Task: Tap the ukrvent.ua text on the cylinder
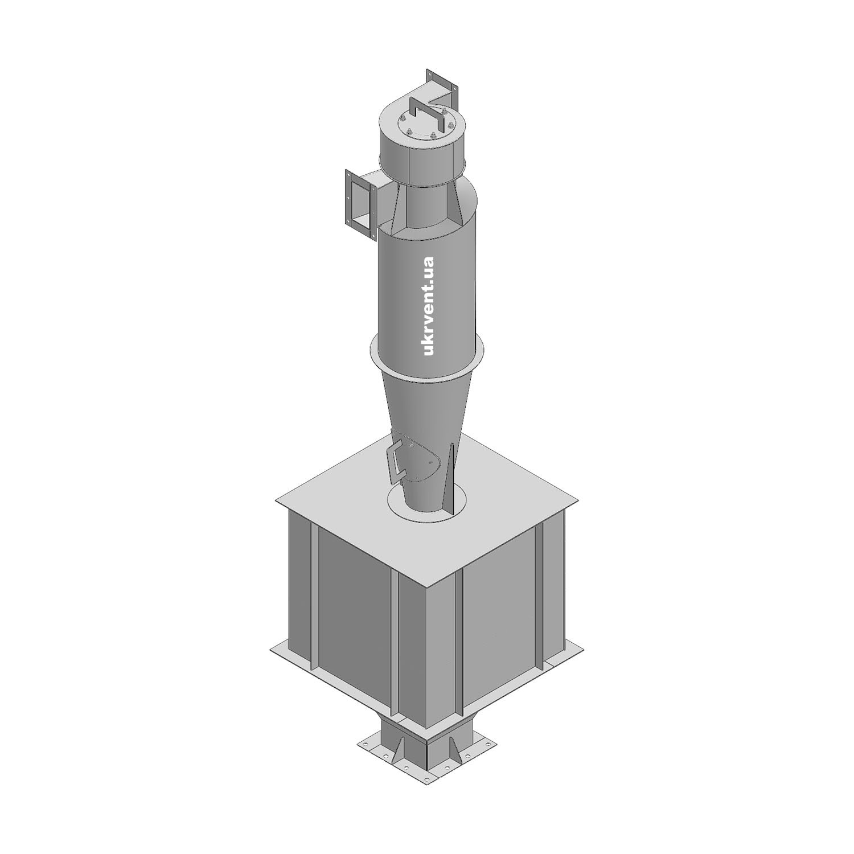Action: pyautogui.click(x=429, y=306)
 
